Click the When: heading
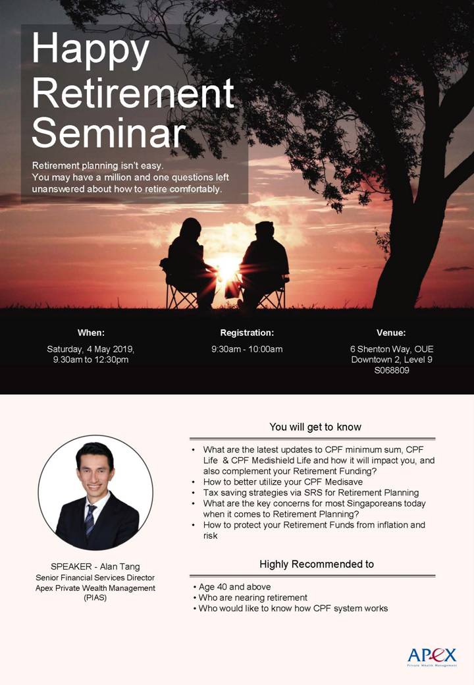coord(91,333)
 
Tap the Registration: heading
coord(247,333)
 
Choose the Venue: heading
coord(391,333)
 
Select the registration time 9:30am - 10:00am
coord(247,349)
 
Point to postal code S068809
coord(392,371)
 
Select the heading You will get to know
coord(315,427)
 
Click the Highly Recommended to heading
coord(317,564)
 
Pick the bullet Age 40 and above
coord(233,587)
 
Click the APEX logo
coord(432,656)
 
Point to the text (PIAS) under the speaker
coord(95,599)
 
